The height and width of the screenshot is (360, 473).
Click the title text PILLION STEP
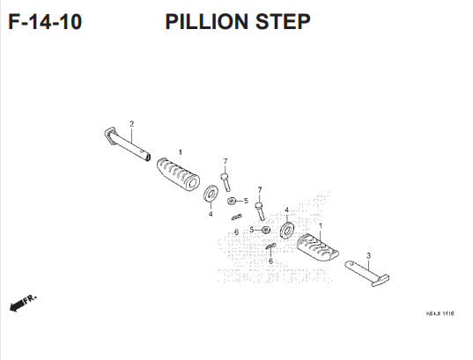click(237, 22)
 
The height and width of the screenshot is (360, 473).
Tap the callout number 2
click(131, 124)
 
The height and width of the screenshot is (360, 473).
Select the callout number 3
click(368, 255)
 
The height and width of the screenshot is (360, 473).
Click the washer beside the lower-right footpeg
click(286, 231)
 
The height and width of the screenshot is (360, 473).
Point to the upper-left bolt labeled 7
click(225, 181)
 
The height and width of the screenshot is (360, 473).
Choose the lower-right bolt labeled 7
click(260, 209)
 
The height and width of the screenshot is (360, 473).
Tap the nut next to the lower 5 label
click(265, 230)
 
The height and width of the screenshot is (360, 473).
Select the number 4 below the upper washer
click(211, 214)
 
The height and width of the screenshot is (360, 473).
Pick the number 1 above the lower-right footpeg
click(321, 225)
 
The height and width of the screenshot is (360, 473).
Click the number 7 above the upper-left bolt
click(225, 161)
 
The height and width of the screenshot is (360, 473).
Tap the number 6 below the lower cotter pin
click(270, 261)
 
